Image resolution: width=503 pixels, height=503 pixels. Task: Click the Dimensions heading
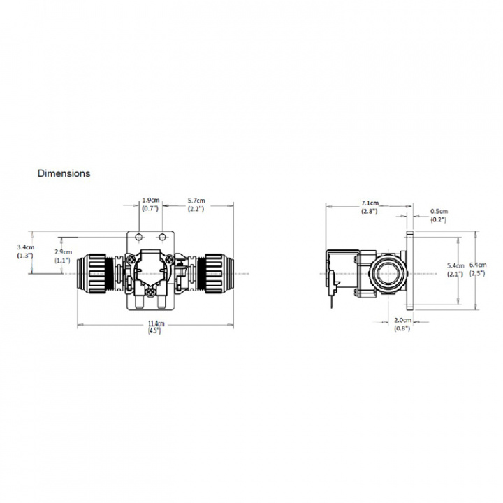pyautogui.click(x=64, y=173)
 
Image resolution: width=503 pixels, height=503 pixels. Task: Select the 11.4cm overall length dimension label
pyautogui.click(x=155, y=323)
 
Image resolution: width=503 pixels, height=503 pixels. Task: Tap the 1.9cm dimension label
pyautogui.click(x=150, y=201)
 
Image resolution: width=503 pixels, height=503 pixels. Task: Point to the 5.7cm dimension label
pyautogui.click(x=196, y=201)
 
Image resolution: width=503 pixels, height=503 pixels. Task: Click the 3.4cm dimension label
pyautogui.click(x=24, y=247)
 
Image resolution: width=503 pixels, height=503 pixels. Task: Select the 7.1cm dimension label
pyautogui.click(x=370, y=203)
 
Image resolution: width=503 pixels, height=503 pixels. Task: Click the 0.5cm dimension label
pyautogui.click(x=439, y=211)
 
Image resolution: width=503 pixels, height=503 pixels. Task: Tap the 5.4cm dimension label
pyautogui.click(x=455, y=266)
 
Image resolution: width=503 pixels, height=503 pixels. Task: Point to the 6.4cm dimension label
pyautogui.click(x=479, y=265)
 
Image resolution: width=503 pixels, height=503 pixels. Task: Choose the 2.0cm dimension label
pyautogui.click(x=402, y=319)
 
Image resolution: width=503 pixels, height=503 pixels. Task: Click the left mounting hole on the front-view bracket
pyautogui.click(x=138, y=238)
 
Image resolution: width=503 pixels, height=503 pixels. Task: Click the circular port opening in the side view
pyautogui.click(x=385, y=272)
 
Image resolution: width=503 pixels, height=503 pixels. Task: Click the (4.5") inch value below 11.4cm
pyautogui.click(x=155, y=331)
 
